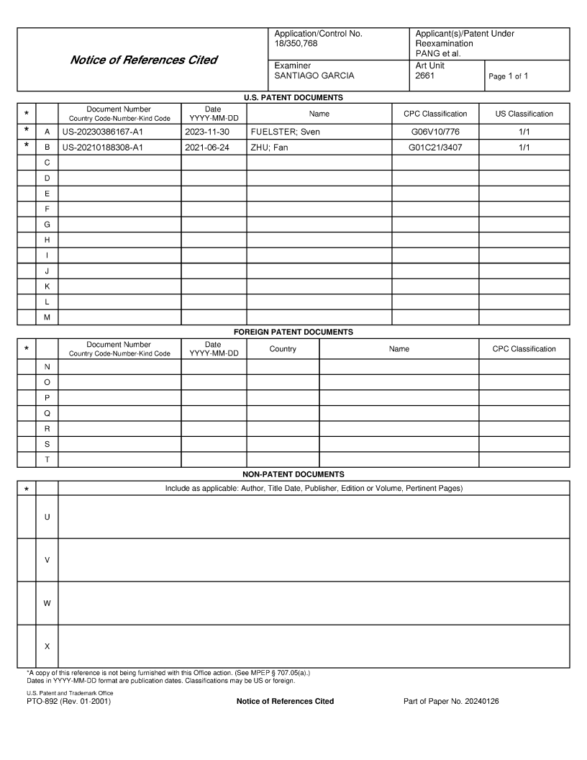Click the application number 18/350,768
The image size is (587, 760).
295,44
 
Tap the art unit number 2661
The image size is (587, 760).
424,76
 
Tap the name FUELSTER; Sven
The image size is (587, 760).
285,132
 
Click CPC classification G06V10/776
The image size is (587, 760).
434,132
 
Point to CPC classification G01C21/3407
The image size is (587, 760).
434,148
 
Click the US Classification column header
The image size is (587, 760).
524,114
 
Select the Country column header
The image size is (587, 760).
283,349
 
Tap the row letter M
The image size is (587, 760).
47,317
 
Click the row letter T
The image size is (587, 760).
47,460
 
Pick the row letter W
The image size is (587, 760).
47,603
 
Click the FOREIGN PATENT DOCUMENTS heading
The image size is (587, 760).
293,332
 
